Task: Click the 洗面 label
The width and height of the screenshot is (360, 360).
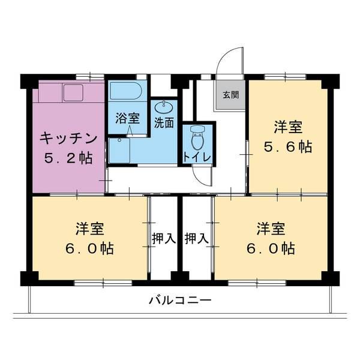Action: pyautogui.click(x=164, y=124)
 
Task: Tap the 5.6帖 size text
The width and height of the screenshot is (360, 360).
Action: pyautogui.click(x=288, y=147)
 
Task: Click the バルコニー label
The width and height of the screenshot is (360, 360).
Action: pyautogui.click(x=180, y=300)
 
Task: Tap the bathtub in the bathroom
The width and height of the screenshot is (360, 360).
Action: pyautogui.click(x=125, y=92)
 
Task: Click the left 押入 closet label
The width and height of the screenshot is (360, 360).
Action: pyautogui.click(x=163, y=238)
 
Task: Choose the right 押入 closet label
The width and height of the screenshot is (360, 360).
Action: pyautogui.click(x=197, y=238)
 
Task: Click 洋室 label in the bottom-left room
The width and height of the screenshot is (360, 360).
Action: pyautogui.click(x=90, y=229)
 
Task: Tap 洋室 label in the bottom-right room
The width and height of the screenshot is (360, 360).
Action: pyautogui.click(x=272, y=229)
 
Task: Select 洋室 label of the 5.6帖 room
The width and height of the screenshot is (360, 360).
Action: pyautogui.click(x=288, y=127)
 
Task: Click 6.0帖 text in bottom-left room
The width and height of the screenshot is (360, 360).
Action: pyautogui.click(x=90, y=248)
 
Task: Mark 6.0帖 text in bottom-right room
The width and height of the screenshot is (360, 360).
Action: pyautogui.click(x=272, y=248)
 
